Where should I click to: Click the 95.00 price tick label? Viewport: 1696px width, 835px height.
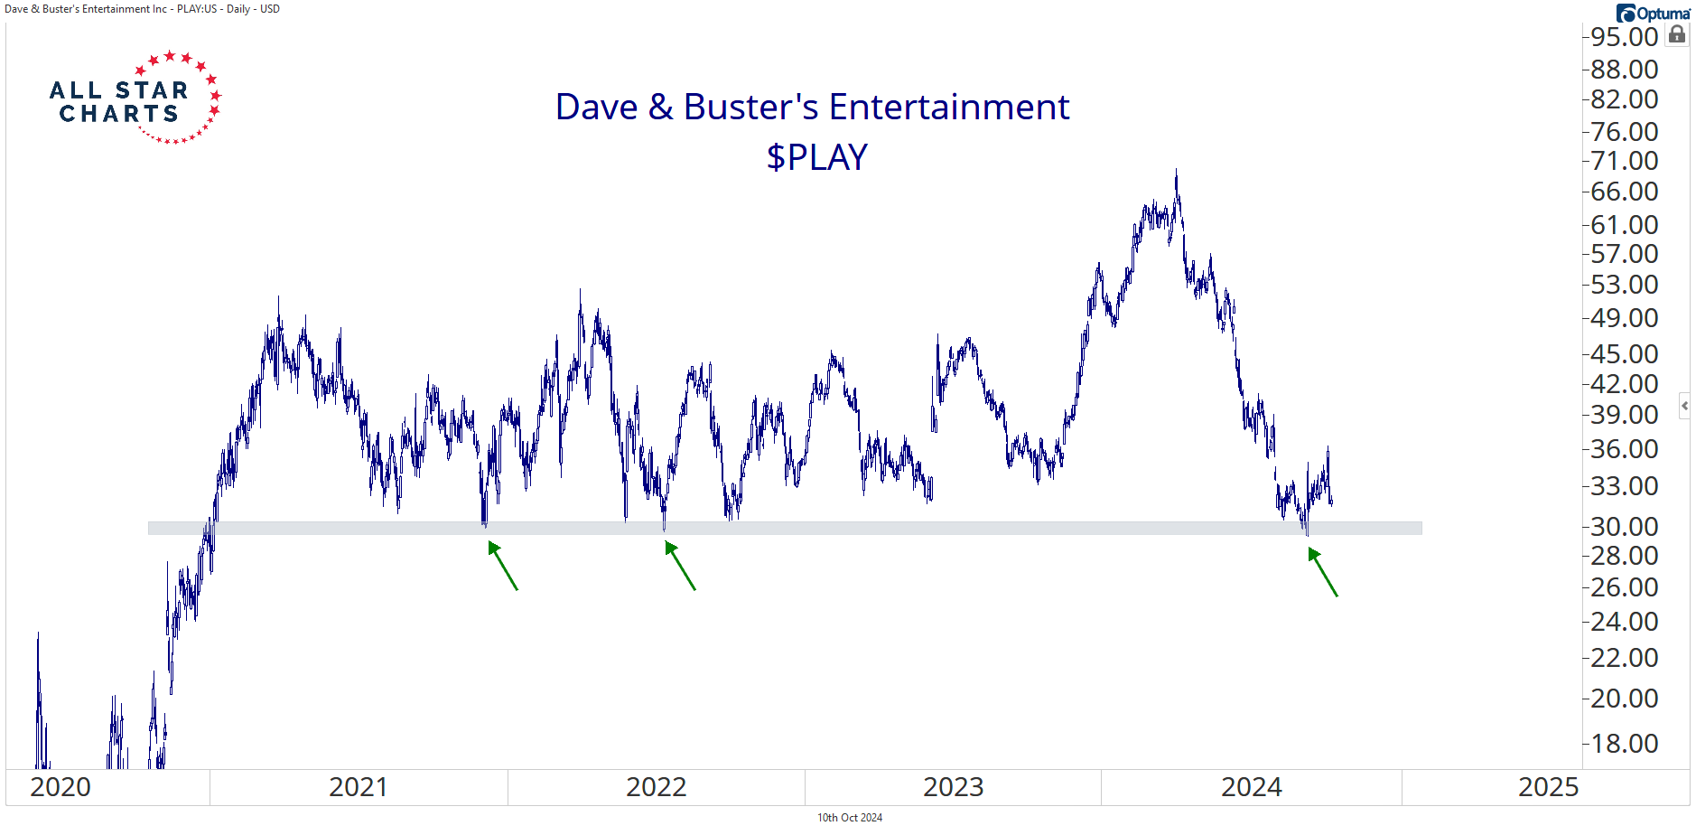pyautogui.click(x=1624, y=37)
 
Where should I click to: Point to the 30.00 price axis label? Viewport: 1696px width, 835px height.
pyautogui.click(x=1624, y=526)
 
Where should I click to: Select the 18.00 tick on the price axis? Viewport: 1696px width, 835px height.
pyautogui.click(x=1624, y=743)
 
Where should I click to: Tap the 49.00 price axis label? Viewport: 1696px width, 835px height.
pyautogui.click(x=1624, y=318)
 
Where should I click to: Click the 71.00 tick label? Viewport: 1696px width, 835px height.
pyautogui.click(x=1624, y=161)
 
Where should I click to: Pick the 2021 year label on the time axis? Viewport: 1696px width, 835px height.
pyautogui.click(x=358, y=787)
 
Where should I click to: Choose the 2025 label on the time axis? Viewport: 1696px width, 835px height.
pyautogui.click(x=1548, y=787)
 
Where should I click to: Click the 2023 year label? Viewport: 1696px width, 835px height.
pyautogui.click(x=953, y=787)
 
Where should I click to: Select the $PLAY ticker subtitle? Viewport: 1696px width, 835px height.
pyautogui.click(x=816, y=157)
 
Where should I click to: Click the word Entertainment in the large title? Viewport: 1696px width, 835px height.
pyautogui.click(x=949, y=107)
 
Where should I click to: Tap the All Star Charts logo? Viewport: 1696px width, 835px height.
pyautogui.click(x=135, y=98)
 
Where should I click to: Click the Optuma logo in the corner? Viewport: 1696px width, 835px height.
pyautogui.click(x=1653, y=13)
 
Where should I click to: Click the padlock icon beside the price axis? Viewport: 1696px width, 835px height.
pyautogui.click(x=1677, y=34)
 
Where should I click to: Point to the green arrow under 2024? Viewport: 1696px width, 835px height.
pyautogui.click(x=1322, y=572)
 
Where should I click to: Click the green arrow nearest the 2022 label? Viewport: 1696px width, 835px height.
pyautogui.click(x=680, y=566)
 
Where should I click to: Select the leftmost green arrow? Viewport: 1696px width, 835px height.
pyautogui.click(x=503, y=566)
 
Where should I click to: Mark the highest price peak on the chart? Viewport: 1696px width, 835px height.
pyautogui.click(x=1176, y=171)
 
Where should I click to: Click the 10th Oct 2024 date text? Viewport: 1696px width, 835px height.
pyautogui.click(x=849, y=818)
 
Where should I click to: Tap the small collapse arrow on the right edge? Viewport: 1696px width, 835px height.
pyautogui.click(x=1684, y=406)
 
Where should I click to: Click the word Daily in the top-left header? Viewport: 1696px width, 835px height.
pyautogui.click(x=238, y=9)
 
